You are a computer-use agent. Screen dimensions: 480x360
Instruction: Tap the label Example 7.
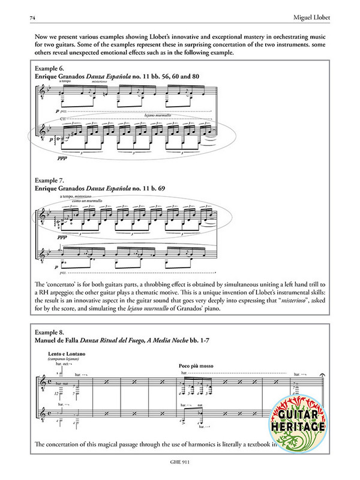[52, 179]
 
